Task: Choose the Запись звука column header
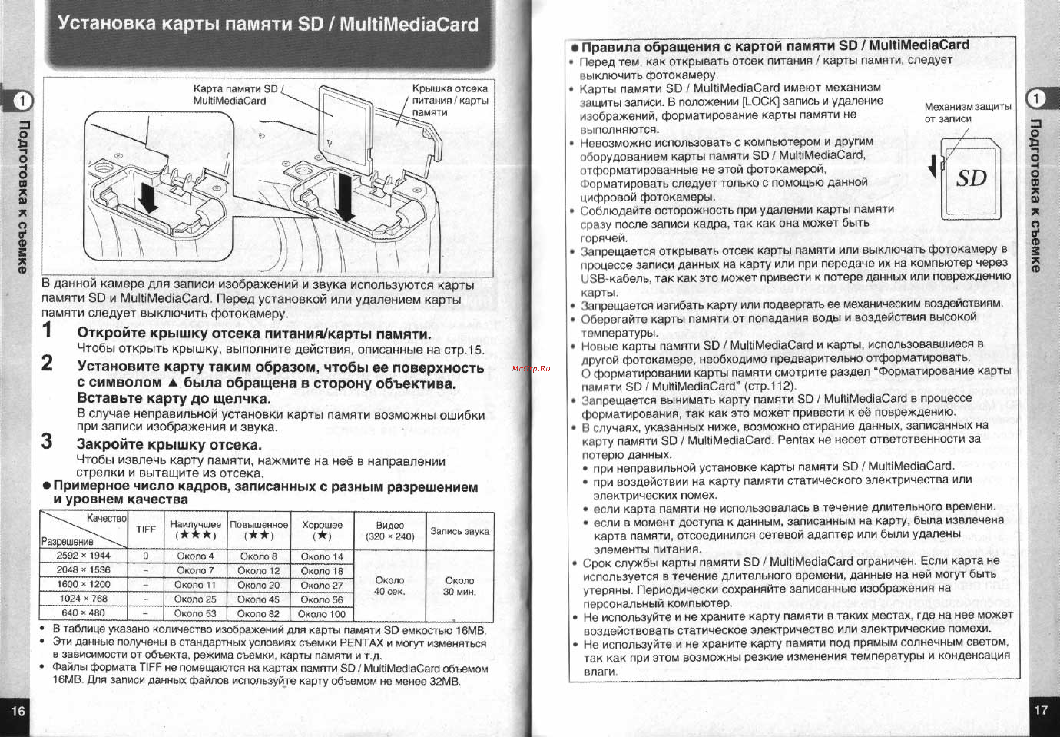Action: tap(460, 531)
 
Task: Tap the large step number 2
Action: tap(47, 363)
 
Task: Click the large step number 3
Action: tap(47, 441)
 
